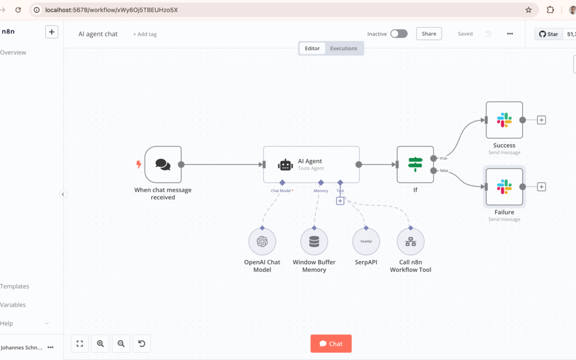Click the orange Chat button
[x=331, y=343]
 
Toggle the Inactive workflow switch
[x=398, y=34]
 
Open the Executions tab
[x=343, y=48]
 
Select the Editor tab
[x=312, y=48]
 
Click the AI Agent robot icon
[x=285, y=165]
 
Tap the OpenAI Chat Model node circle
[x=262, y=242]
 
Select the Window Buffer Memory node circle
[x=314, y=242]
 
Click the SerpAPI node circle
[x=366, y=242]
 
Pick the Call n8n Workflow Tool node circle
[x=410, y=242]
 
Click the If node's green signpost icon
[x=415, y=164]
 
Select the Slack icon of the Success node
[x=504, y=120]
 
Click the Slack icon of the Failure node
[x=504, y=187]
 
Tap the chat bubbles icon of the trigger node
[x=163, y=164]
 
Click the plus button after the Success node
[x=541, y=120]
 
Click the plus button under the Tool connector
[x=340, y=201]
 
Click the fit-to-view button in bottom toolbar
[x=79, y=343]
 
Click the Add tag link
[x=145, y=34]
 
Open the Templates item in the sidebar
[x=14, y=286]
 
